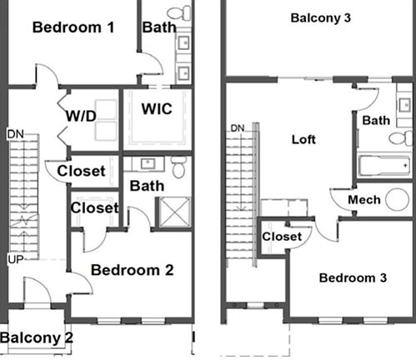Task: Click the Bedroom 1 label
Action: click(x=73, y=27)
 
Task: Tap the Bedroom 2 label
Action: click(x=132, y=269)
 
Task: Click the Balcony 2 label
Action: click(x=37, y=337)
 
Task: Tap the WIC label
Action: click(x=157, y=109)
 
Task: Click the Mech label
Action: click(x=364, y=200)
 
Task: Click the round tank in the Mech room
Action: click(x=398, y=199)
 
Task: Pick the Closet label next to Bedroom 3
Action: click(x=281, y=237)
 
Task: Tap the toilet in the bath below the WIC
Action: click(x=177, y=169)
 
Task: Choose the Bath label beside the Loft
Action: click(x=376, y=120)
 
